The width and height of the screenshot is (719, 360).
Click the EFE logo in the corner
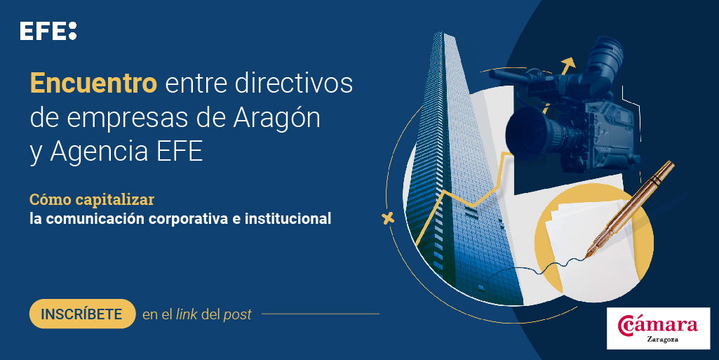tap(48, 31)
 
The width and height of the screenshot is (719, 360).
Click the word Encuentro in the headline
tap(93, 84)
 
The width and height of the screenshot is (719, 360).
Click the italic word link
tap(186, 314)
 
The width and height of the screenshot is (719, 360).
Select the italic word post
tap(237, 315)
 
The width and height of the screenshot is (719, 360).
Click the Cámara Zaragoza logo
tap(658, 328)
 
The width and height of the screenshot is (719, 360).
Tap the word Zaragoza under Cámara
tap(658, 340)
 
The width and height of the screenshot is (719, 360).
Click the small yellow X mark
tap(387, 218)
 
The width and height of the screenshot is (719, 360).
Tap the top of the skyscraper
tap(445, 36)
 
